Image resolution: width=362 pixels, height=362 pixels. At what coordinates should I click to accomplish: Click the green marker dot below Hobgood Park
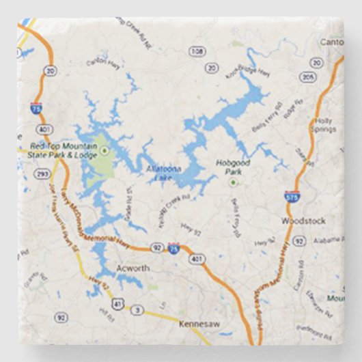pos(234,182)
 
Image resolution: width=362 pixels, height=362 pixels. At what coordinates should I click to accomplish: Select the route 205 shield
pos(308,76)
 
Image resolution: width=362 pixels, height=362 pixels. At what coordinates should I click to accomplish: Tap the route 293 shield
pos(43,174)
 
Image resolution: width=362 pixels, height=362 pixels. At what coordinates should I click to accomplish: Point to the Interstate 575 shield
pos(290,197)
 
